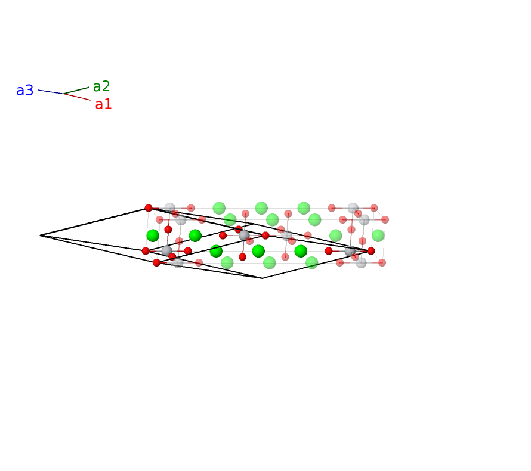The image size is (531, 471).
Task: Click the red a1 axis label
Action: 103,104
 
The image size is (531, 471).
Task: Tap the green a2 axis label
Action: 101,86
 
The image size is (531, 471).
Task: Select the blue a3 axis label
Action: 24,91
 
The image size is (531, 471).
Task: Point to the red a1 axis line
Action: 77,97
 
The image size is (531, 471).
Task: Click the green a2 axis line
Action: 76,91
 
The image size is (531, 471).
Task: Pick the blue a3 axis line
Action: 51,92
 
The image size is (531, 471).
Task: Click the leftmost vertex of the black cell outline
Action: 41,235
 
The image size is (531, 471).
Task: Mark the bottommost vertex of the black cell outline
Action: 262,278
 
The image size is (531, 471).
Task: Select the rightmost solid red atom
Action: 371,251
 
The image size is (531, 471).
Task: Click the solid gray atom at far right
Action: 350,251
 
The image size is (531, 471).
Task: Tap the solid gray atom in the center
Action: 244,235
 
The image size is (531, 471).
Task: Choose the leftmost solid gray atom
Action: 166,251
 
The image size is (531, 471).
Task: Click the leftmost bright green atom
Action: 153,235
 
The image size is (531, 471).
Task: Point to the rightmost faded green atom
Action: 378,235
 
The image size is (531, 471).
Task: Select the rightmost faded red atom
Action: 385,220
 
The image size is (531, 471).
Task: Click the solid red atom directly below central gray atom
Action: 242,257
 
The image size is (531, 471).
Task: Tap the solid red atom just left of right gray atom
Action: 329,251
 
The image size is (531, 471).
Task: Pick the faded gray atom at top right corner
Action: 353,208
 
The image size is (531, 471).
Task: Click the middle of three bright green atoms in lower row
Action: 258,251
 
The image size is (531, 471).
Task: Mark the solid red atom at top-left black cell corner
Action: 149,208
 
